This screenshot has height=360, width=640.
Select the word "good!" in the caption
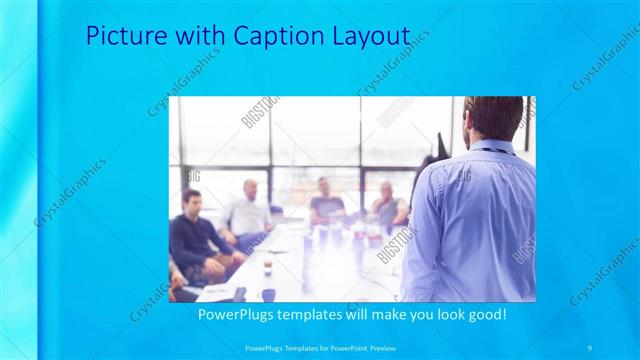(481, 314)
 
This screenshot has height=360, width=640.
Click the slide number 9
(590, 347)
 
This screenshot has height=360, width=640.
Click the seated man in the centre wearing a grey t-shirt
(326, 202)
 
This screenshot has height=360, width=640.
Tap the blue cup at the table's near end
(268, 294)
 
